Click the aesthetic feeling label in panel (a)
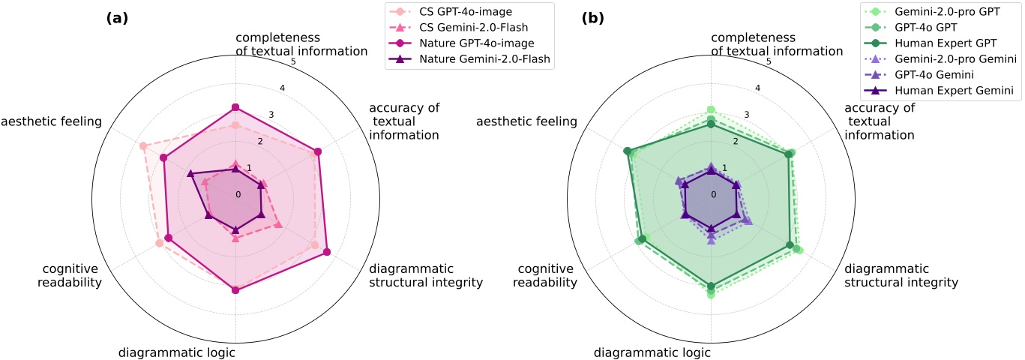pyautogui.click(x=51, y=121)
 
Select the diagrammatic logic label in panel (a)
pyautogui.click(x=178, y=352)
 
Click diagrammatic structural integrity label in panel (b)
pyautogui.click(x=901, y=275)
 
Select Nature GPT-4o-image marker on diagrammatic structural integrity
pyautogui.click(x=326, y=251)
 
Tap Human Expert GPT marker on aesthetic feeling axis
pyautogui.click(x=627, y=151)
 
